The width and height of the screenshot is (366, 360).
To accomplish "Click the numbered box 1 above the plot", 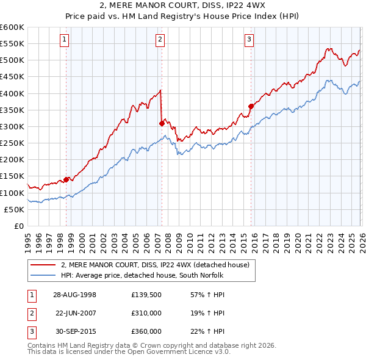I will [65, 40].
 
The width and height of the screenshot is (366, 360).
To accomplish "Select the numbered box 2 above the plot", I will [160, 40].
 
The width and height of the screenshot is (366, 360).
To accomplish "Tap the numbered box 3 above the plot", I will [249, 40].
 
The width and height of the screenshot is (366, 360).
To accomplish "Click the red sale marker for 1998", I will [66, 179].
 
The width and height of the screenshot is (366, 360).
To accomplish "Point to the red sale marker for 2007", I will [162, 123].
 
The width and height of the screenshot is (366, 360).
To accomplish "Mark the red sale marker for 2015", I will [251, 106].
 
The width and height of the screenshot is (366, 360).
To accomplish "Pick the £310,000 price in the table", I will [146, 312].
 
